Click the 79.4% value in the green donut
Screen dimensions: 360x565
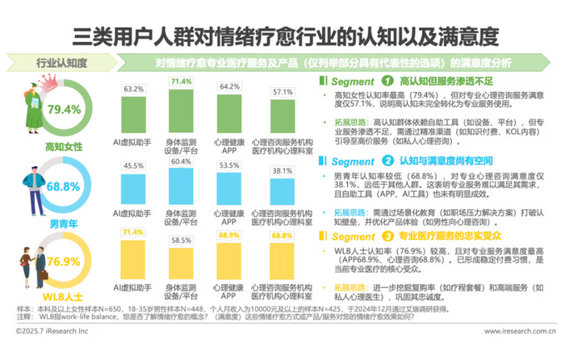65,109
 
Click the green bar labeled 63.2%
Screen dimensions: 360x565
133,111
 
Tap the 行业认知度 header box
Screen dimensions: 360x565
62,61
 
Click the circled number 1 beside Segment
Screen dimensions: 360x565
387,81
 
